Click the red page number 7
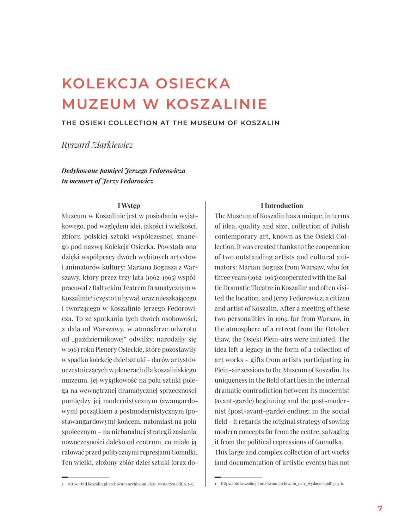(x=380, y=508)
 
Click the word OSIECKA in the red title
(x=193, y=83)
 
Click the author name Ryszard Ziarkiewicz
(x=97, y=145)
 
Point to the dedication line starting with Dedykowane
(x=123, y=171)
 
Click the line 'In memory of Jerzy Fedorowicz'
(x=107, y=181)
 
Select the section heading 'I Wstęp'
(x=129, y=206)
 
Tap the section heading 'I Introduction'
(x=282, y=206)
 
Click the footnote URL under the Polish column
(x=131, y=484)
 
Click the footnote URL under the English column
(x=282, y=484)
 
